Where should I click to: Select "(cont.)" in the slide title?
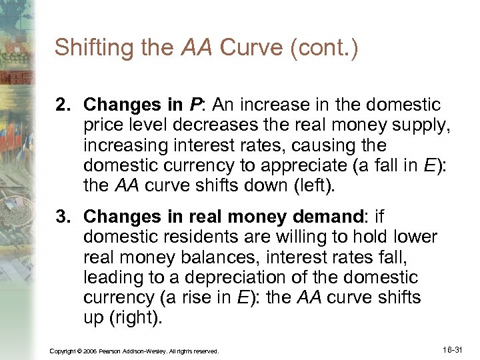(325, 48)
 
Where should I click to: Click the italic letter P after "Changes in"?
(195, 105)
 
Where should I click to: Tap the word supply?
(403, 125)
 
